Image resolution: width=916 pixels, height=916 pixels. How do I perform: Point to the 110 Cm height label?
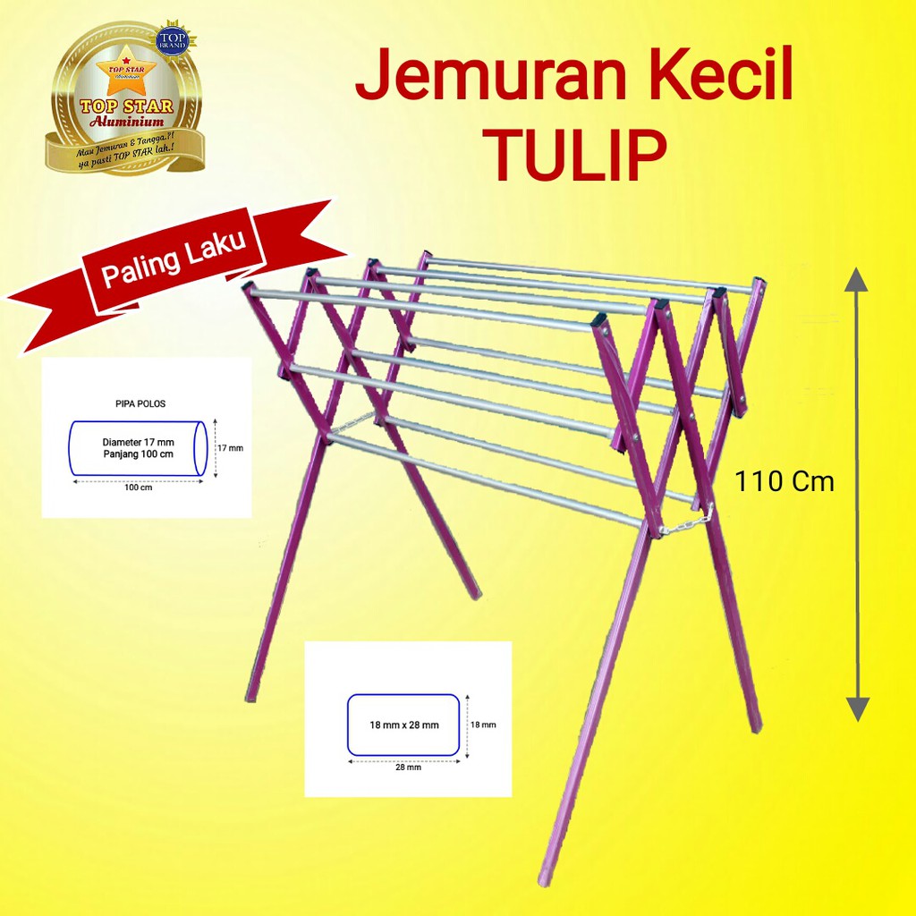pyautogui.click(x=785, y=482)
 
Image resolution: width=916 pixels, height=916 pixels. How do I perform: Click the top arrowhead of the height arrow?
pyautogui.click(x=857, y=279)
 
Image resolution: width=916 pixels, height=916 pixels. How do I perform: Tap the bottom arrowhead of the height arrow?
pyautogui.click(x=857, y=709)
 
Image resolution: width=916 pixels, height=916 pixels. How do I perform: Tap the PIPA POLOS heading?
pyautogui.click(x=140, y=404)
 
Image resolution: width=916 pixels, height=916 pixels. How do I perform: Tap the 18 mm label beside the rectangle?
pyautogui.click(x=483, y=725)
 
